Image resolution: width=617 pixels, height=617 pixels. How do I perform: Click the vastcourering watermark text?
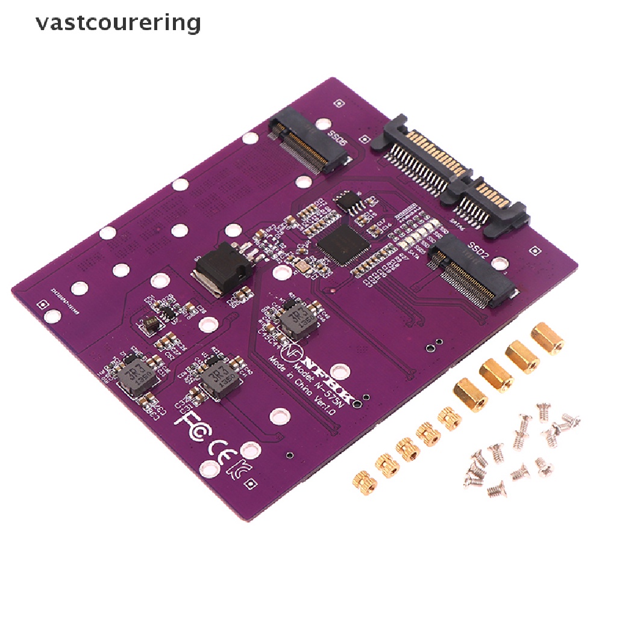(x=117, y=23)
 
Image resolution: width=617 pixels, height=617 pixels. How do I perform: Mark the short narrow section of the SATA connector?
(x=491, y=202)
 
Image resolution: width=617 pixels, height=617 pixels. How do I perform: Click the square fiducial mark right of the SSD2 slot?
(x=533, y=248)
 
